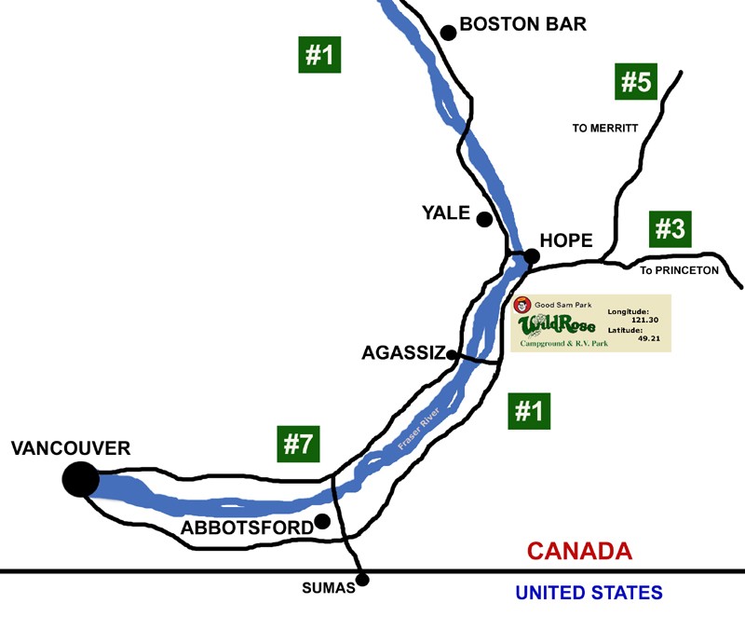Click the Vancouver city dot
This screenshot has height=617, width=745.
tap(80, 479)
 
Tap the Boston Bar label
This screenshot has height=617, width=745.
tap(523, 24)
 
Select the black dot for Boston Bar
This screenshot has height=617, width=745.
tap(448, 33)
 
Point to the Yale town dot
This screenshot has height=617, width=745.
tap(484, 220)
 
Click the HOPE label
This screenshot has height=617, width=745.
tap(566, 240)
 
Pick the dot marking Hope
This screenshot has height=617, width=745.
tap(531, 255)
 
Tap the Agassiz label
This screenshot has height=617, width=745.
tap(400, 352)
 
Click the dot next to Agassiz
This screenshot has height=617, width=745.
tap(452, 354)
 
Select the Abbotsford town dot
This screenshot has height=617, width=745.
tap(322, 521)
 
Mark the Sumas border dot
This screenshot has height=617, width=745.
tap(363, 580)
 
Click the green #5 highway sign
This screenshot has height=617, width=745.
tap(637, 82)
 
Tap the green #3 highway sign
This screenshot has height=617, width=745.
tap(670, 228)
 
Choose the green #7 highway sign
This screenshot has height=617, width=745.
tap(298, 444)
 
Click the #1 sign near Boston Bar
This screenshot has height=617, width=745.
tap(319, 55)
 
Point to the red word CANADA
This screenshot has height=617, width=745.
tap(579, 551)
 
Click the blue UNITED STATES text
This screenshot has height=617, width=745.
tap(589, 592)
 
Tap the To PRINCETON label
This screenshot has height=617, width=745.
tap(679, 270)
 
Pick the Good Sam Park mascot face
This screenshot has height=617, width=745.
tap(523, 305)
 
